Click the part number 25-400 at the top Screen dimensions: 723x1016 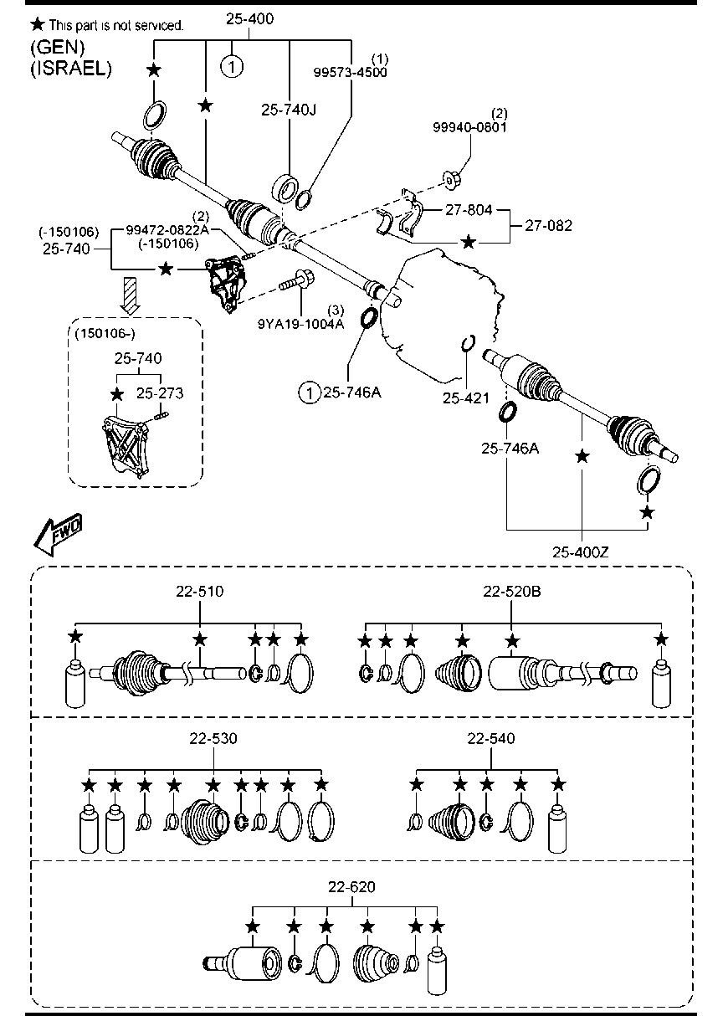pos(249,19)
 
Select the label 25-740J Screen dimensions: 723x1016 pos(289,110)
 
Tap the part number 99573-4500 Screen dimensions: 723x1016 pos(350,73)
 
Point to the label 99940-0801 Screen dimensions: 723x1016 pos(469,127)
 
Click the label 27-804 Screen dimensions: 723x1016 pos(469,210)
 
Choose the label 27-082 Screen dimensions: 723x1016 pos(548,225)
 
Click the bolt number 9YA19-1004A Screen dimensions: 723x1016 pos(300,324)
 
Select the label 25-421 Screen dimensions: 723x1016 pos(466,398)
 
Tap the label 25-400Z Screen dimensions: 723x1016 pos(580,552)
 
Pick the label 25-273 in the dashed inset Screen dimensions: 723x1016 pos(160,393)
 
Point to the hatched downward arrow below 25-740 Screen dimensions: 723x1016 pos(131,295)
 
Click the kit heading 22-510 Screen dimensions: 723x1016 pos(199,592)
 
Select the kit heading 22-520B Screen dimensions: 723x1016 pos(511,592)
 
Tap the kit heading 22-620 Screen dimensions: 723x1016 pos(351,887)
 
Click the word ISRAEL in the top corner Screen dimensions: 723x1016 pos(71,68)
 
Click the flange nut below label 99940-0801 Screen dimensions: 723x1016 pos(451,181)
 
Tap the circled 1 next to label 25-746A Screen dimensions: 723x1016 pos(309,393)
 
